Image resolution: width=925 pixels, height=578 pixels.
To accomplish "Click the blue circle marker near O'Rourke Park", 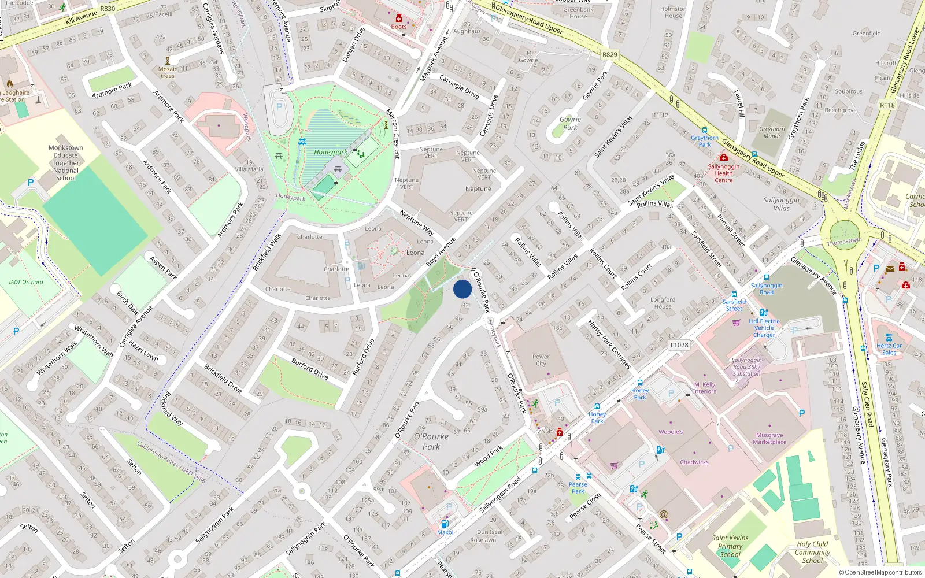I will click(462, 289).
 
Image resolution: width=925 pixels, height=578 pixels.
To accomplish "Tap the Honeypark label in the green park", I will click(331, 153).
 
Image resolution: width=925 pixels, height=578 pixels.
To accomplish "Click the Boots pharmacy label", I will click(399, 27).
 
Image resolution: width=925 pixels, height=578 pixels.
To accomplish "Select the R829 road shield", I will click(609, 55).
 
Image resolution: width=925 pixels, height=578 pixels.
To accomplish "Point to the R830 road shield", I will click(108, 9).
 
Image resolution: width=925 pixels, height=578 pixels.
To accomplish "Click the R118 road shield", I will click(887, 105).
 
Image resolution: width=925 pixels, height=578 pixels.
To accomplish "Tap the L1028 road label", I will click(679, 345).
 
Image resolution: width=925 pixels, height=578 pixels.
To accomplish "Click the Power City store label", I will click(541, 360).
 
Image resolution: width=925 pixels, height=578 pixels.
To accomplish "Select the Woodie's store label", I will click(671, 432).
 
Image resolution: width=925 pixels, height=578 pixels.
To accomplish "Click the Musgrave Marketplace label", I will click(769, 439).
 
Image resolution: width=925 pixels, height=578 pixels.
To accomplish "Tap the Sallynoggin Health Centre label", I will click(723, 173).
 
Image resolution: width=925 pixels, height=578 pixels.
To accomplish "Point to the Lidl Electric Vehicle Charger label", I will click(764, 328).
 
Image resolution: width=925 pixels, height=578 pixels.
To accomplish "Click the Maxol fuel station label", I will click(445, 532).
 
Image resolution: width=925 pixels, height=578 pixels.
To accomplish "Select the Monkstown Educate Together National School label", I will click(66, 163).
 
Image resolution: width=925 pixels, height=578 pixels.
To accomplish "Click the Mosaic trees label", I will click(168, 72).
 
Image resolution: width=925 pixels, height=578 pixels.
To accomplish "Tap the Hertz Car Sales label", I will click(889, 349).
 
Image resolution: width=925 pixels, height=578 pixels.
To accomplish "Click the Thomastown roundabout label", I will click(844, 241).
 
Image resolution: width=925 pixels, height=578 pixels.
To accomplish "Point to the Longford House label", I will click(663, 303).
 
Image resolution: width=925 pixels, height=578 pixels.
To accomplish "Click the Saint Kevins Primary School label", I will click(730, 546).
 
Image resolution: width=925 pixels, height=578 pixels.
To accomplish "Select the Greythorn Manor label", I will click(772, 132).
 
